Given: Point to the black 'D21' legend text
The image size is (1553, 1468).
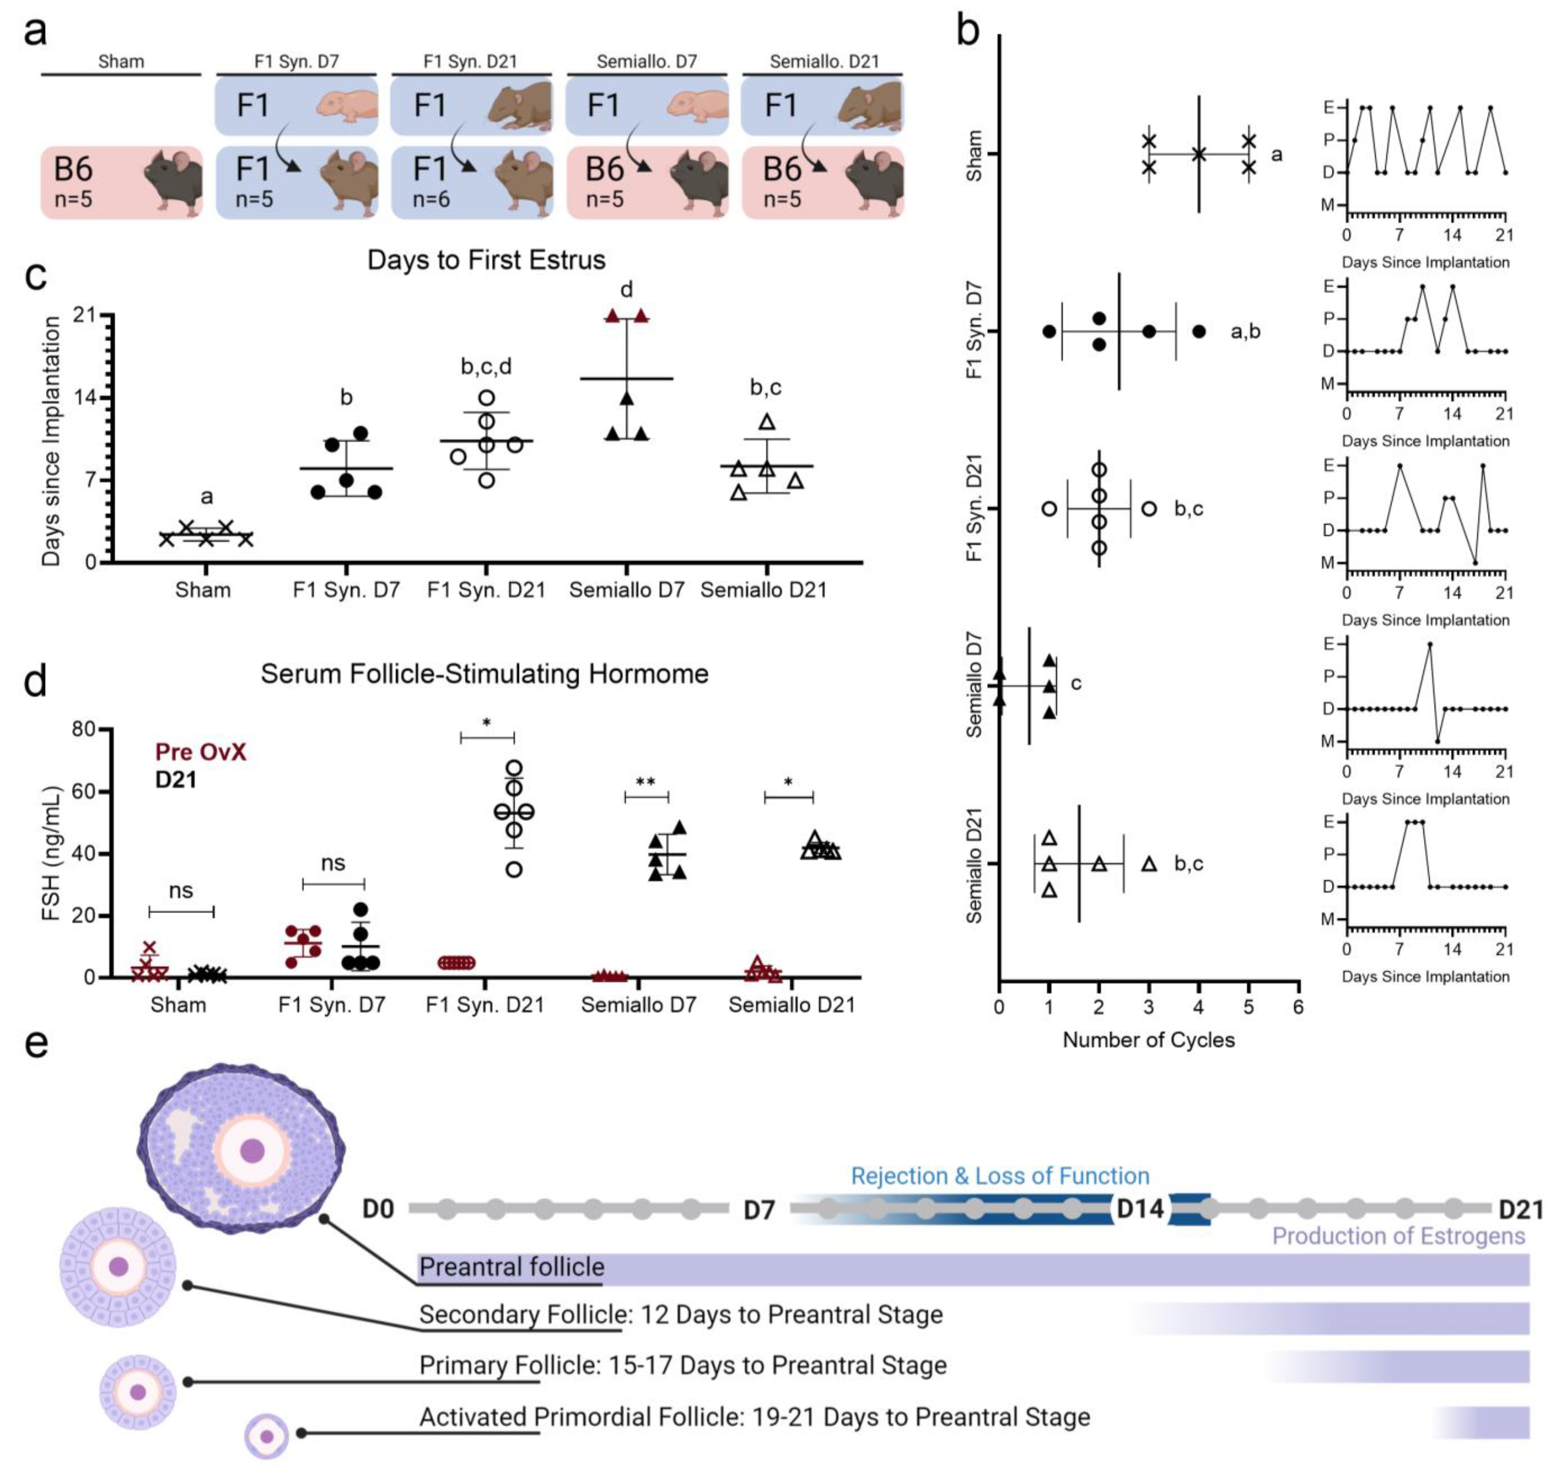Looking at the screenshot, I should [x=175, y=779].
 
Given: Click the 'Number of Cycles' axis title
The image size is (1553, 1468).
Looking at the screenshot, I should [x=1148, y=1040].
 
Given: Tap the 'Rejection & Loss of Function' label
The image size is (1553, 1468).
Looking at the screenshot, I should [x=1000, y=1176].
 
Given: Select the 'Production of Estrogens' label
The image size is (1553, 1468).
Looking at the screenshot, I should [x=1398, y=1236].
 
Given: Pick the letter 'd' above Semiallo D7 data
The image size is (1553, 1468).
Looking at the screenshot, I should [x=626, y=290].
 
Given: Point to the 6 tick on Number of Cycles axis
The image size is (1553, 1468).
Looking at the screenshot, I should [x=1298, y=1006].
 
